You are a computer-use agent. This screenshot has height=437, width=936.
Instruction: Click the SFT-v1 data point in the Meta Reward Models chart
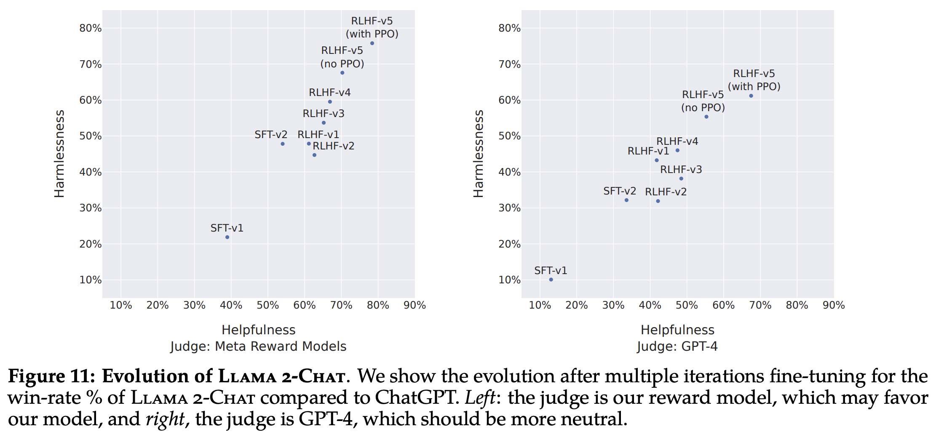[x=227, y=237]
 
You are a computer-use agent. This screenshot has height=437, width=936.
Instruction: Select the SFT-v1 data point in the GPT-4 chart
[x=551, y=280]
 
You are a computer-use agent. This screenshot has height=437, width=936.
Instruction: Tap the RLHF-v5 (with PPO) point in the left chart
[x=372, y=43]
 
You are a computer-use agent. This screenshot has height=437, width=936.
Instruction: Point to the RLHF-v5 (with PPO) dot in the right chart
[x=751, y=96]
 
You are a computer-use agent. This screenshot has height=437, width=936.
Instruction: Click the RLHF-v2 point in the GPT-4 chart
[x=658, y=201]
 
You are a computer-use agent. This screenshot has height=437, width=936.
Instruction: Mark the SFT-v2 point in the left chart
[x=283, y=144]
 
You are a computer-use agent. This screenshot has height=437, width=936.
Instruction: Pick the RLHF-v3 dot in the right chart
[x=681, y=179]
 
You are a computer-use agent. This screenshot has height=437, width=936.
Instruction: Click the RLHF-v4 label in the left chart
[x=329, y=93]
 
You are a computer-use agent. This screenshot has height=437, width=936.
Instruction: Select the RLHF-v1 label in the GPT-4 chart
[x=648, y=151]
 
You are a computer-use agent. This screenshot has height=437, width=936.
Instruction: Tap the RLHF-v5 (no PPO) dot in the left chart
[x=342, y=73]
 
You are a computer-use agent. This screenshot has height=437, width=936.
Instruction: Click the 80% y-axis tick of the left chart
[x=90, y=28]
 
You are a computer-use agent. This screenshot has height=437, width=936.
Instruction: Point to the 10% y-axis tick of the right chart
[x=509, y=280]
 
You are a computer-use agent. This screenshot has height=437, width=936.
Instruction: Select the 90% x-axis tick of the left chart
[x=415, y=305]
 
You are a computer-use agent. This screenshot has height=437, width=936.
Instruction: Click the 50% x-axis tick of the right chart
[x=687, y=305]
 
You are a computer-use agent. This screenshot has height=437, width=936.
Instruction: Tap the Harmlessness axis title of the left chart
[x=59, y=154]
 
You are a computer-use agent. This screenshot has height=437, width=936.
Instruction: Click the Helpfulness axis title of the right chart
[x=677, y=330]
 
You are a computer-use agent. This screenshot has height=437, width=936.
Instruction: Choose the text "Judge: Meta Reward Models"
[x=258, y=346]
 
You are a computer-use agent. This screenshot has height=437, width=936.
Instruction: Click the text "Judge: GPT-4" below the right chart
[x=677, y=346]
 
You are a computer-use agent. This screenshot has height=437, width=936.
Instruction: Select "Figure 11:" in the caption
[x=51, y=376]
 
